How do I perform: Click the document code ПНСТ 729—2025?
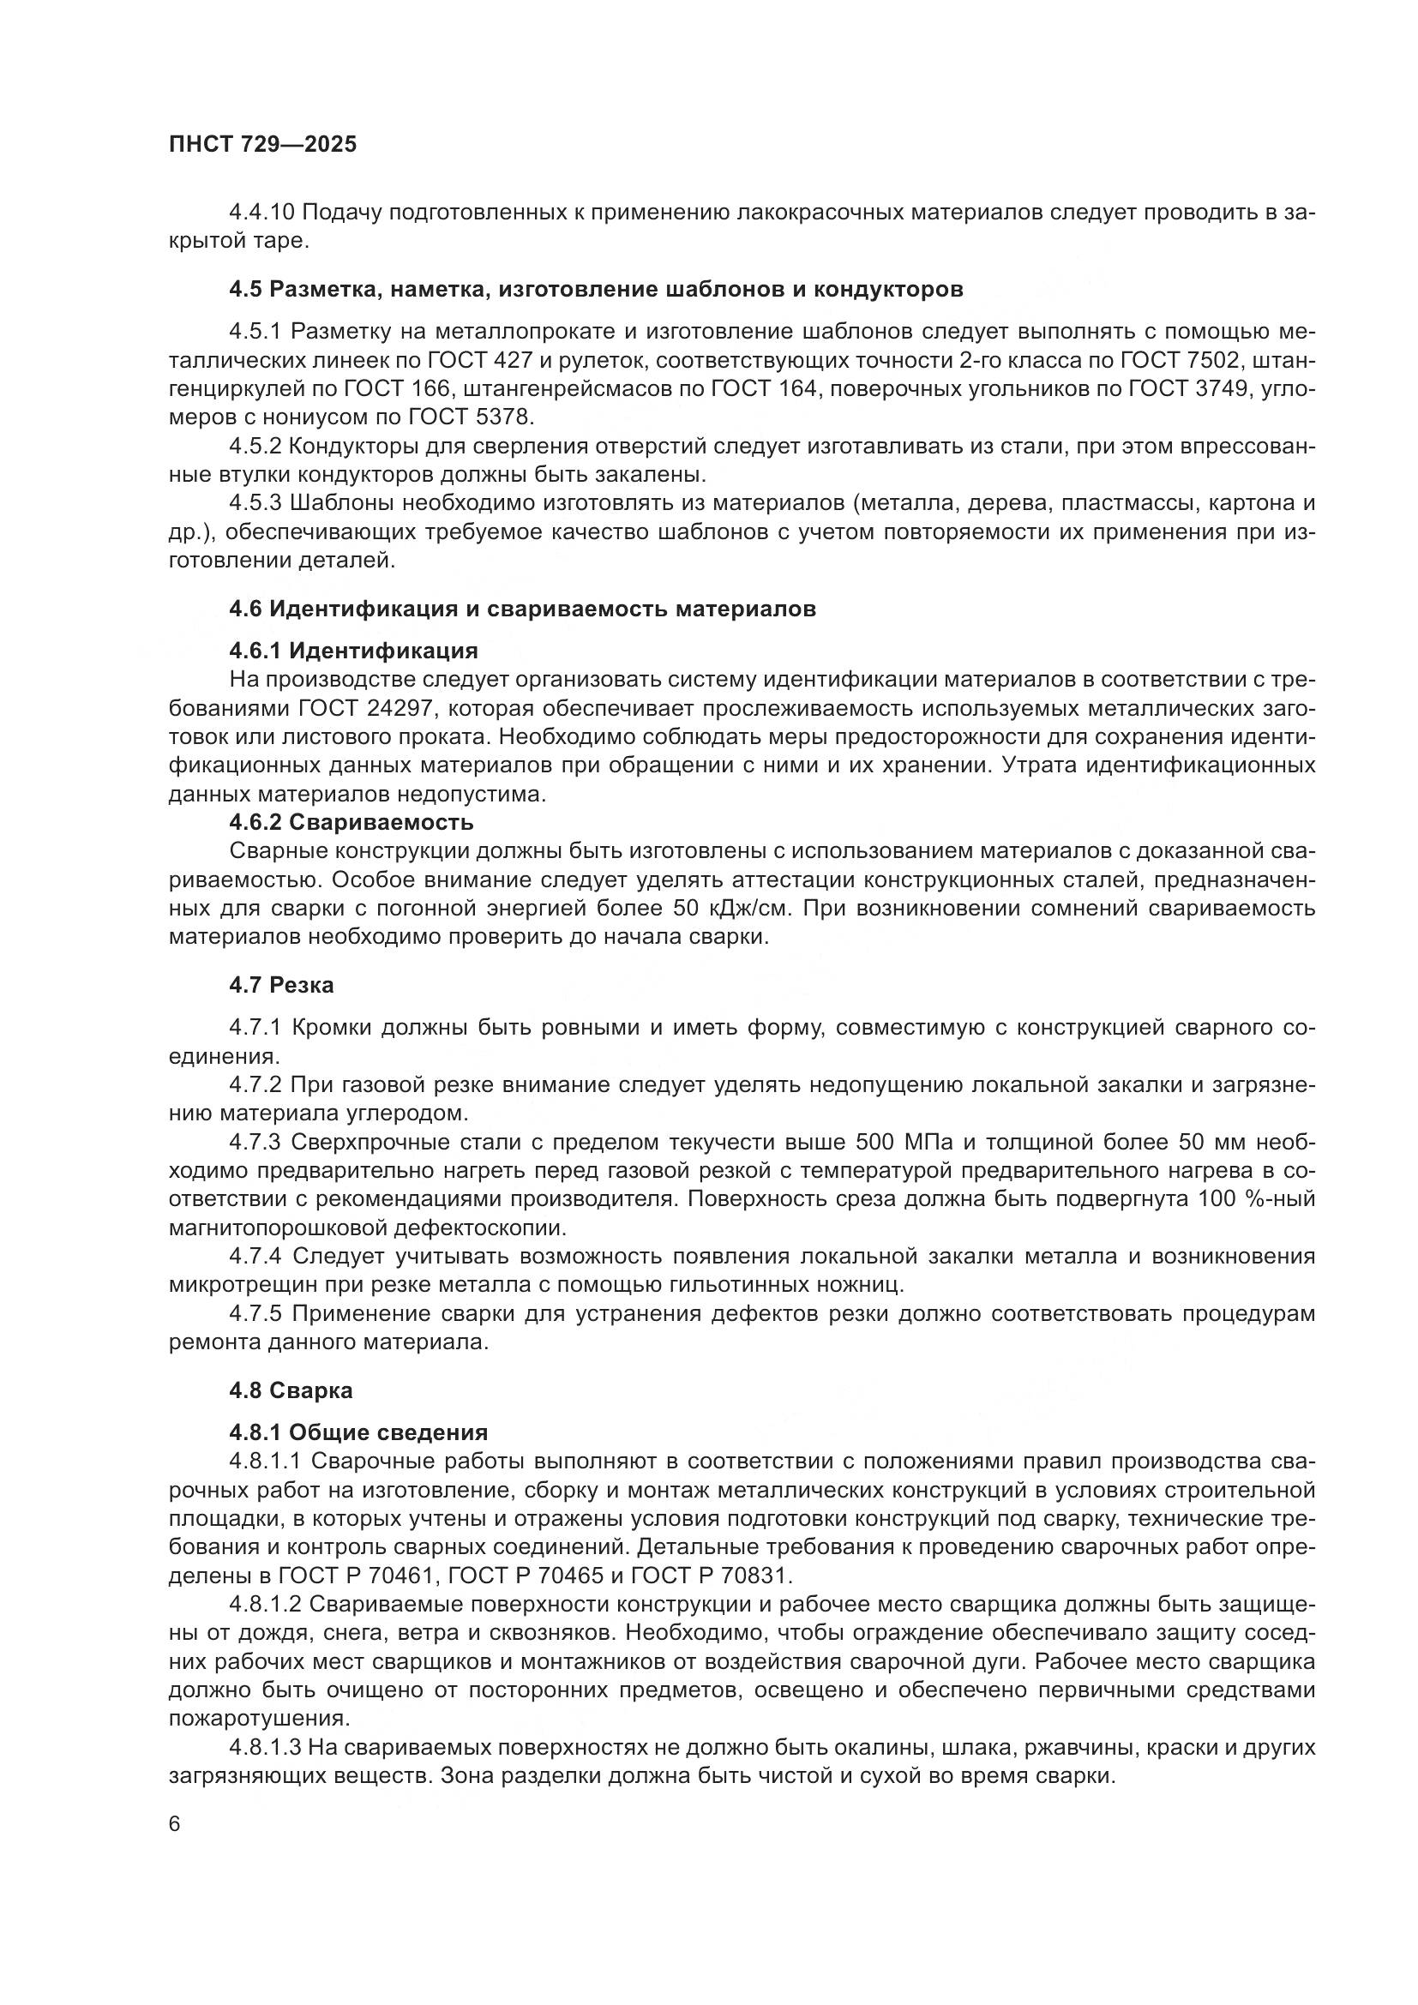(x=263, y=145)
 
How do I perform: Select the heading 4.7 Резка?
(x=281, y=986)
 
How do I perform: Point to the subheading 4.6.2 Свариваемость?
(x=351, y=823)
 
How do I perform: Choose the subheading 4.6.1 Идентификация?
(x=353, y=651)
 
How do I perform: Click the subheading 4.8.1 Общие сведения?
(x=358, y=1433)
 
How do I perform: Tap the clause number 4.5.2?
(x=254, y=447)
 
